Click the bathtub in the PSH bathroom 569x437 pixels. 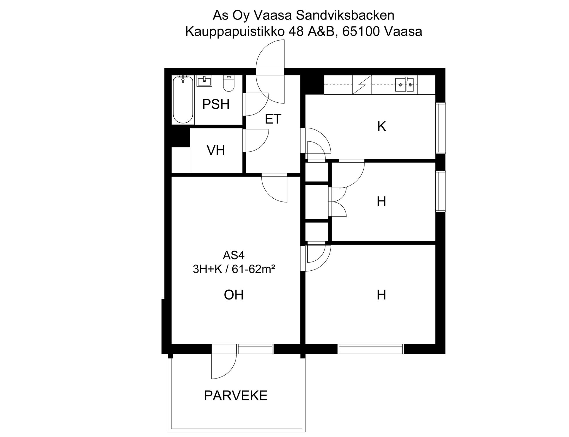183,99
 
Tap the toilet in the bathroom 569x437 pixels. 228,83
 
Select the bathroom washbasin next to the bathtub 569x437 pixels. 204,81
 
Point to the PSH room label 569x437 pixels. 216,104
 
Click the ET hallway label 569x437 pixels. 273,119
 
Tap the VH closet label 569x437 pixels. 216,150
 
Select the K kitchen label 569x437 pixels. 381,126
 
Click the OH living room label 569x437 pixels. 234,295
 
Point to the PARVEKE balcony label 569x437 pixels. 236,396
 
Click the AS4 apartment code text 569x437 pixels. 234,255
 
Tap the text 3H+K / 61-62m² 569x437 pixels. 234,269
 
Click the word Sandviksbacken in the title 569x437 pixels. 345,15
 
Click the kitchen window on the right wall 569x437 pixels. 440,128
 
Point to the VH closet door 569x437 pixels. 255,140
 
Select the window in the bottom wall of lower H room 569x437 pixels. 371,349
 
